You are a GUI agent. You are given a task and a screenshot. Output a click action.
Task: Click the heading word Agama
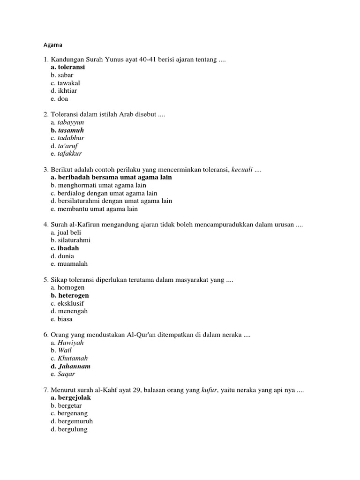(52, 45)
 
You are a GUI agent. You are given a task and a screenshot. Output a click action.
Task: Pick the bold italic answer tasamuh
(71, 130)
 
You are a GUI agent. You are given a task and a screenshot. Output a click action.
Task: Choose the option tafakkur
(70, 154)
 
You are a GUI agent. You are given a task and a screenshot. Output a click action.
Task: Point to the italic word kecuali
(242, 170)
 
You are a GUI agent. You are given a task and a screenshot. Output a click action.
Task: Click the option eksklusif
(71, 303)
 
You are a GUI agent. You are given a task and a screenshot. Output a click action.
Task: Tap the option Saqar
(67, 374)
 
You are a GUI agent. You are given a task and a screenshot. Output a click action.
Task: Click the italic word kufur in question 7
(210, 390)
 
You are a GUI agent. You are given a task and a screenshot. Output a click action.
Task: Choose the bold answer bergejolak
(74, 398)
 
